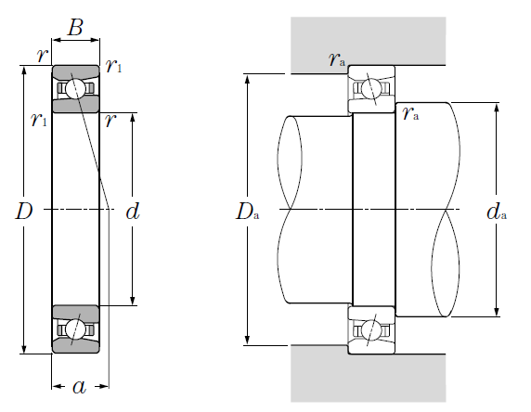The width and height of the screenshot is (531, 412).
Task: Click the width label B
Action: [x=75, y=27]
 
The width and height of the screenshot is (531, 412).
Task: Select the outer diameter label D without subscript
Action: [x=24, y=212]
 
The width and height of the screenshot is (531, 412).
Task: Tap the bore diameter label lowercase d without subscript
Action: [x=133, y=212]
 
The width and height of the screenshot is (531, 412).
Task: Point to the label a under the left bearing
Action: [x=80, y=387]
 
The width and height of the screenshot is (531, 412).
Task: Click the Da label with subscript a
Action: [x=248, y=212]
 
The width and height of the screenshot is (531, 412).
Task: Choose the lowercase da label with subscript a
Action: [x=497, y=212]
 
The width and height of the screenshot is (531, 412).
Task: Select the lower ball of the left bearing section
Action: [x=75, y=329]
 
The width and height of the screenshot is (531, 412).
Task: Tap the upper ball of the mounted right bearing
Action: [x=371, y=89]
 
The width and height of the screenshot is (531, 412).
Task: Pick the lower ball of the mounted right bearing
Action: [x=371, y=329]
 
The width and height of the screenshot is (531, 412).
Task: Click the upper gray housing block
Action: [x=369, y=41]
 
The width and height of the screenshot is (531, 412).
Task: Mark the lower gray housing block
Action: [x=369, y=379]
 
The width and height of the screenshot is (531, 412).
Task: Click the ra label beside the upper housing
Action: [x=337, y=59]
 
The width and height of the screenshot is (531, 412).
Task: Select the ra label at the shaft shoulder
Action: [x=410, y=114]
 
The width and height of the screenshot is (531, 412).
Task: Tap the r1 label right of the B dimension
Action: [x=113, y=66]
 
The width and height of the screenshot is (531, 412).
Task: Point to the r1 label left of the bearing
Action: [x=39, y=120]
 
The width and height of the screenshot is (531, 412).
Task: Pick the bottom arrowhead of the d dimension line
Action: [x=133, y=301]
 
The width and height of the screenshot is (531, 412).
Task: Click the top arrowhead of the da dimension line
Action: [x=497, y=108]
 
